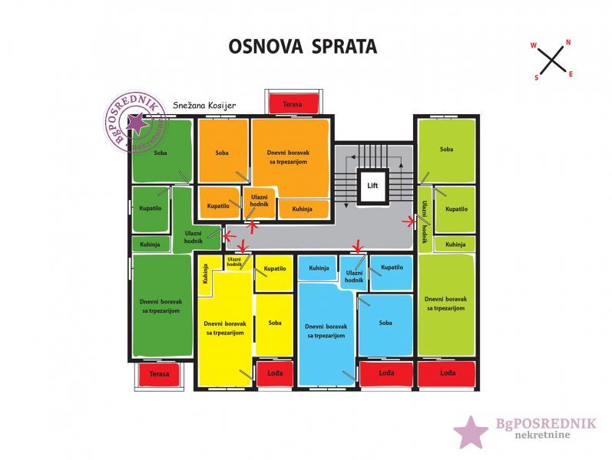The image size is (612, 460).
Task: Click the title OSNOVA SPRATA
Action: point(303,46)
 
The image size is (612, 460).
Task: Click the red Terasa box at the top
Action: point(293,103)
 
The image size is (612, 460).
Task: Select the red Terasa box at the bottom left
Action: point(159,374)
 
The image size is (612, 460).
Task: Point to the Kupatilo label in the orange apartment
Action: point(219,206)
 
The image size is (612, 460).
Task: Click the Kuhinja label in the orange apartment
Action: point(305,208)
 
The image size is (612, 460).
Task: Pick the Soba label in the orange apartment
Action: point(222,153)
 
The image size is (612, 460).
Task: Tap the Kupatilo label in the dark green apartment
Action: point(150,207)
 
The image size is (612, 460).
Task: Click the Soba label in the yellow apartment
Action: point(274,323)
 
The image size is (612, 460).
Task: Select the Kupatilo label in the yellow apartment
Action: point(274,269)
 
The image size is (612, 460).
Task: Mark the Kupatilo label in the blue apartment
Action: point(392,268)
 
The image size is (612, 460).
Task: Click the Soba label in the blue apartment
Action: point(385,323)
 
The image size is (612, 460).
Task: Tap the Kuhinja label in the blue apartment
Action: point(319,268)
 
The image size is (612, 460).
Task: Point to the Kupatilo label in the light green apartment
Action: point(456,209)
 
